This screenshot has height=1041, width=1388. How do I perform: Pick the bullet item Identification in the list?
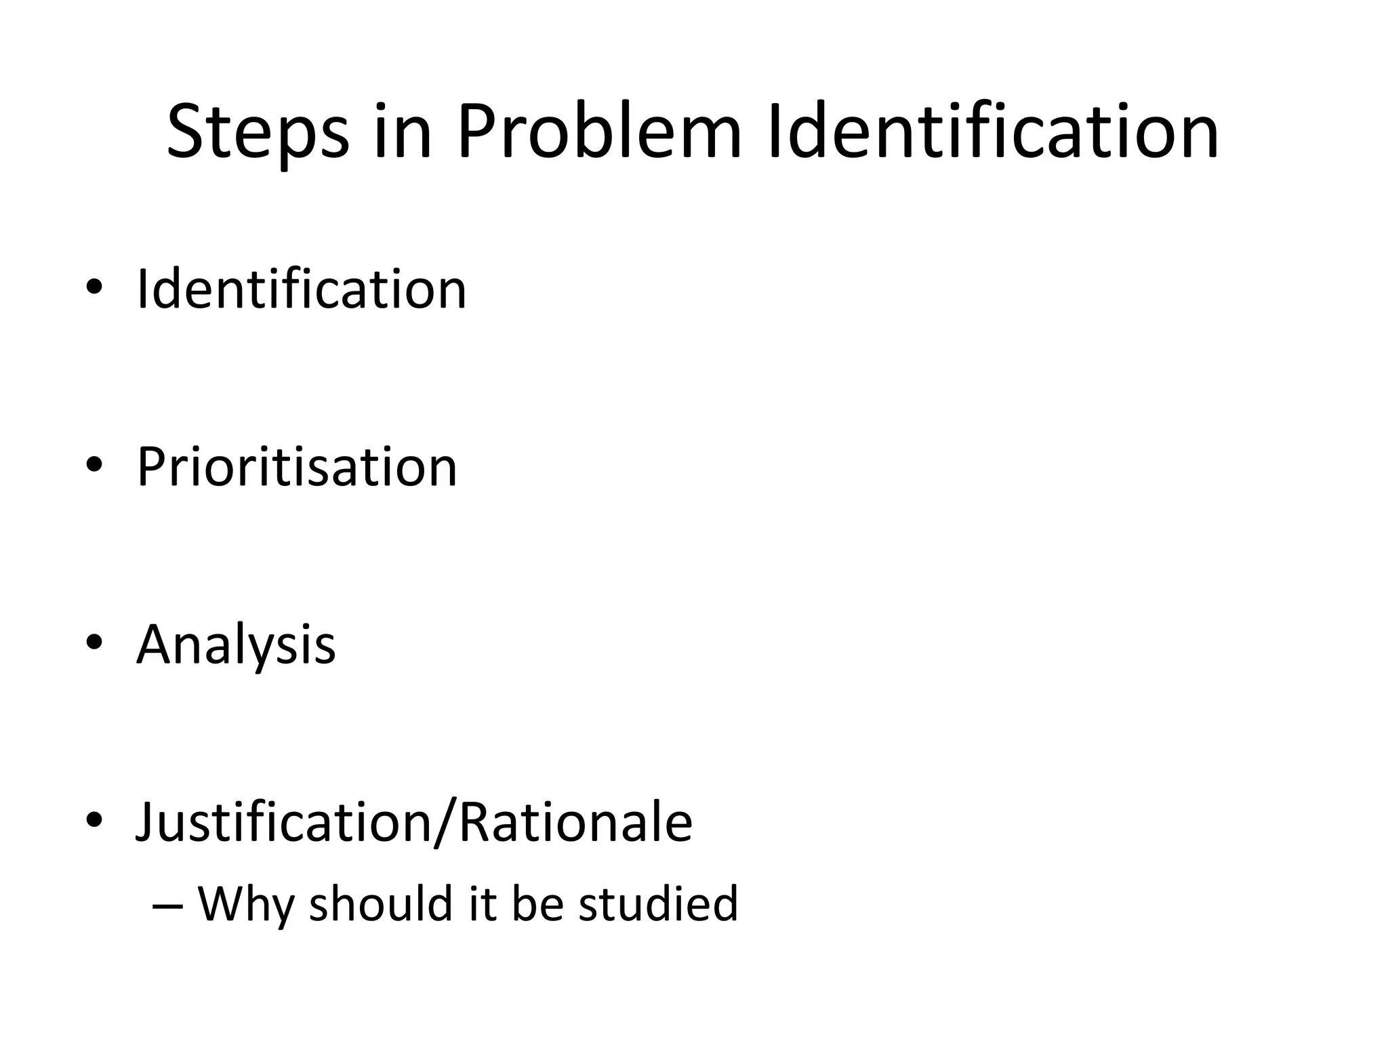coord(302,289)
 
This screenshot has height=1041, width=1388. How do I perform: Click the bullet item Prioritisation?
coord(297,467)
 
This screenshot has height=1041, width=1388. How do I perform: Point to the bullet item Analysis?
coord(236,645)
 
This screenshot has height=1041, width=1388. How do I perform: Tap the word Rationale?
coord(575,822)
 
